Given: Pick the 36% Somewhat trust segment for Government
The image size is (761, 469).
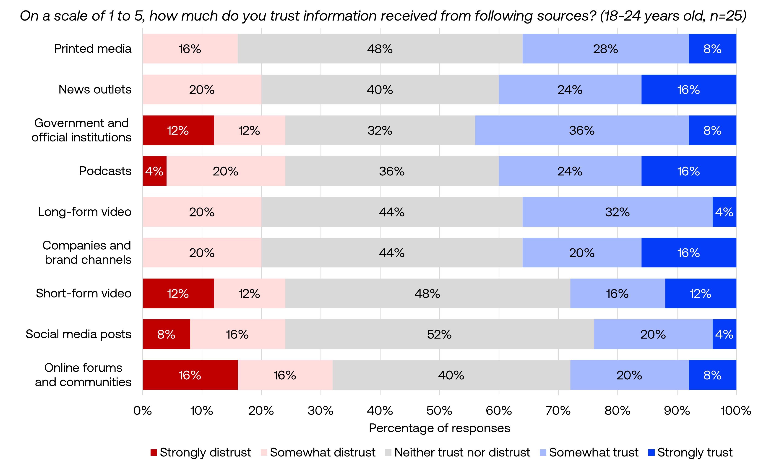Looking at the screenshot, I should point(582,130).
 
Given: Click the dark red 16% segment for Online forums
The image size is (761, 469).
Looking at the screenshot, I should point(190,375).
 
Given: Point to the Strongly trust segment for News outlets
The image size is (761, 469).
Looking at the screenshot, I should point(688,89).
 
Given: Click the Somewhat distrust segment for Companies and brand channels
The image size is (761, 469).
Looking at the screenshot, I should point(202,253).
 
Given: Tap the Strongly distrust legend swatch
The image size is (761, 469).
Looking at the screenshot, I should point(154,453).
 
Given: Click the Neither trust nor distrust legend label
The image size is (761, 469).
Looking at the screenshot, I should point(462,453).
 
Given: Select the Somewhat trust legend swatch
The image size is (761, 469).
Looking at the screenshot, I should point(543,453).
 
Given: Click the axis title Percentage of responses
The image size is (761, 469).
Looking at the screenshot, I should point(439,428).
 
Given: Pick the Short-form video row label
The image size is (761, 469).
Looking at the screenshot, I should point(83,293).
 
